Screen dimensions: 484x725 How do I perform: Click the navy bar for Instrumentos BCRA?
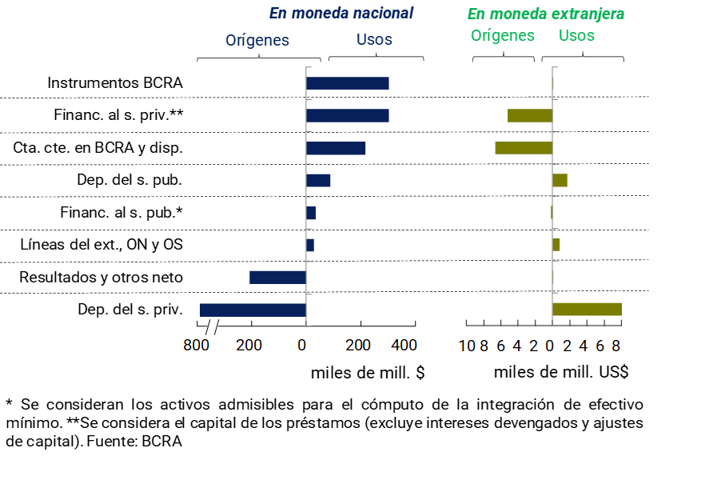pyautogui.click(x=347, y=83)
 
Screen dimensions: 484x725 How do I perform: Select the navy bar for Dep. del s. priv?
pyautogui.click(x=253, y=310)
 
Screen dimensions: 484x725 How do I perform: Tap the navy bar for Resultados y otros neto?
pyautogui.click(x=277, y=278)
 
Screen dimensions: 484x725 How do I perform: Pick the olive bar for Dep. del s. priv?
pyautogui.click(x=587, y=310)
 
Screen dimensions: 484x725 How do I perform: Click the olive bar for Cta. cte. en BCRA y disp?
pyautogui.click(x=524, y=147)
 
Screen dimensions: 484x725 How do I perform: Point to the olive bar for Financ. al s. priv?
pyautogui.click(x=530, y=115)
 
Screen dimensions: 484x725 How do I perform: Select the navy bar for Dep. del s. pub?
pyautogui.click(x=318, y=180)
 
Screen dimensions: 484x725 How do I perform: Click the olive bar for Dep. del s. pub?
pyautogui.click(x=560, y=180)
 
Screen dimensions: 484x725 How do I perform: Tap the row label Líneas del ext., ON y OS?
pyautogui.click(x=102, y=245)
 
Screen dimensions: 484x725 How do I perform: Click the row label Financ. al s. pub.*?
pyautogui.click(x=121, y=213)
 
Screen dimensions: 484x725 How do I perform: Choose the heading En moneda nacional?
pyautogui.click(x=341, y=13)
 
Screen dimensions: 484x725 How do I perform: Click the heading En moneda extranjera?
pyautogui.click(x=546, y=14)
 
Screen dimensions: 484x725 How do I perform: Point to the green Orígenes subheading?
pyautogui.click(x=503, y=35)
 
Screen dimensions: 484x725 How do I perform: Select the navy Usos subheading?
pyautogui.click(x=374, y=39)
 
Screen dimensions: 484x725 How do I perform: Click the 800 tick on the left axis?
pyautogui.click(x=196, y=345)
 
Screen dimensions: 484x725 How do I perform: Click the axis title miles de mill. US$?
pyautogui.click(x=561, y=372)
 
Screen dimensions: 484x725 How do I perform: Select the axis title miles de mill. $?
pyautogui.click(x=368, y=372)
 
